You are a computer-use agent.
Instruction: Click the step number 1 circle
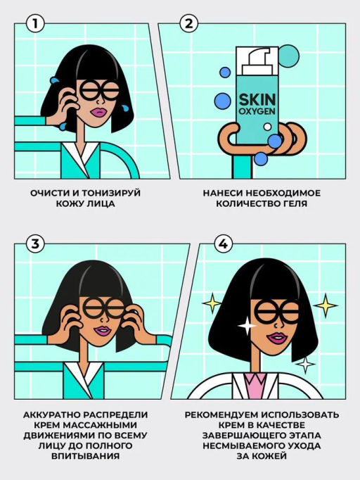click(x=37, y=23)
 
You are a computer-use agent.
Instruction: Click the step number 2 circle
click(x=187, y=23)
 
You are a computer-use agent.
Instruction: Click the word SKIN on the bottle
click(x=257, y=101)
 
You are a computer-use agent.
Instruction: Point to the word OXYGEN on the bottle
click(x=257, y=115)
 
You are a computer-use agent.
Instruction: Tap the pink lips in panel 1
click(x=96, y=111)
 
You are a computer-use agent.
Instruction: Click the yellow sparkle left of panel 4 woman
click(x=211, y=303)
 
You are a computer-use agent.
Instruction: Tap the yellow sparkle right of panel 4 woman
click(x=325, y=304)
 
